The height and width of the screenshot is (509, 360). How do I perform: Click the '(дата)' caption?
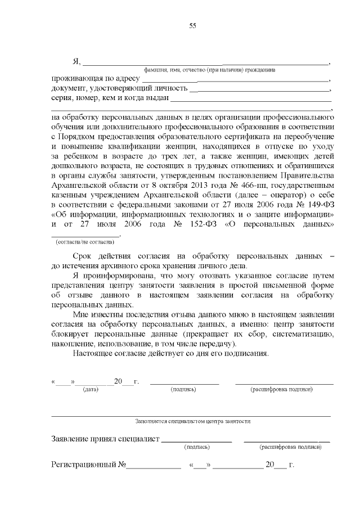point(90,389)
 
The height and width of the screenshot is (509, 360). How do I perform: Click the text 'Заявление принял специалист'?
point(105,439)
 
